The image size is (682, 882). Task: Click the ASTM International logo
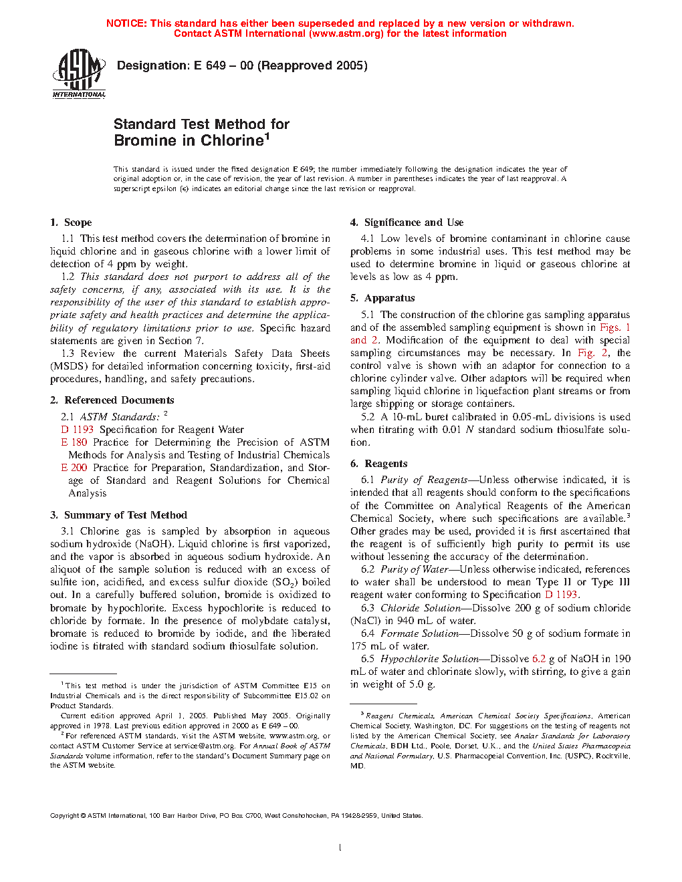pyautogui.click(x=79, y=73)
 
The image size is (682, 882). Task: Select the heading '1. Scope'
pyautogui.click(x=71, y=223)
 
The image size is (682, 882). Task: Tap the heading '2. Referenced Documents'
pyautogui.click(x=112, y=400)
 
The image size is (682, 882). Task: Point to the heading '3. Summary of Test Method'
pyautogui.click(x=118, y=515)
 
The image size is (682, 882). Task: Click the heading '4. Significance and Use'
pyautogui.click(x=407, y=223)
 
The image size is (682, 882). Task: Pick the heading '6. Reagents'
pyautogui.click(x=378, y=464)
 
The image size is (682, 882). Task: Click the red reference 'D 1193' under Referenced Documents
pyautogui.click(x=78, y=430)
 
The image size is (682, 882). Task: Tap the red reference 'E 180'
pyautogui.click(x=74, y=442)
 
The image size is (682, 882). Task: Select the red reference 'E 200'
pyautogui.click(x=74, y=468)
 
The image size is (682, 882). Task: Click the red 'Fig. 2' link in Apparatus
pyautogui.click(x=593, y=353)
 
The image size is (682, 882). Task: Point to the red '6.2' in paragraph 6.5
pyautogui.click(x=539, y=659)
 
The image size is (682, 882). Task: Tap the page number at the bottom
pyautogui.click(x=340, y=848)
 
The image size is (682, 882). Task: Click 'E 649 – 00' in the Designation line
pyautogui.click(x=223, y=65)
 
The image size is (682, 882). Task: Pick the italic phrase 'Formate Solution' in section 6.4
pyautogui.click(x=419, y=633)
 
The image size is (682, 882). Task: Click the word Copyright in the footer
pyautogui.click(x=65, y=816)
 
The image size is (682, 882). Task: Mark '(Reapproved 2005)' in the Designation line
pyautogui.click(x=312, y=65)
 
